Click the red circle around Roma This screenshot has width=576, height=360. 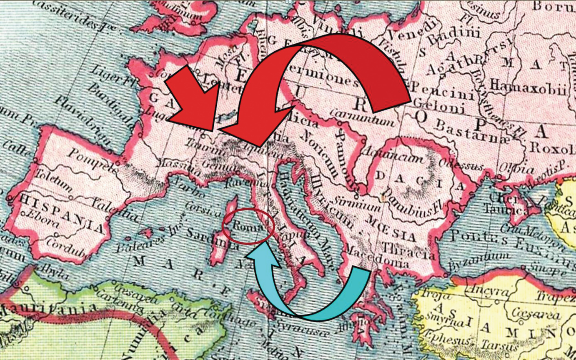click(249, 226)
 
